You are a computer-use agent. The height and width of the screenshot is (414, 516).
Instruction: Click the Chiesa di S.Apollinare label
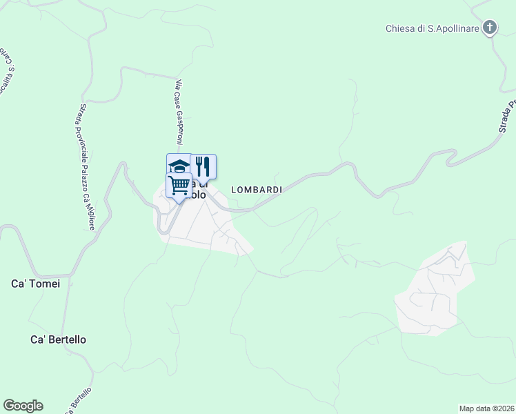click(x=432, y=28)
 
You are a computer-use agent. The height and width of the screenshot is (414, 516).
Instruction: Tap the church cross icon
click(x=490, y=28)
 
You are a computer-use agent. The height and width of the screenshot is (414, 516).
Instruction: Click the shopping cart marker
click(x=179, y=185)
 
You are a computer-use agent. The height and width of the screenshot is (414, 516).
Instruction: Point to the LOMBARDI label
click(x=257, y=190)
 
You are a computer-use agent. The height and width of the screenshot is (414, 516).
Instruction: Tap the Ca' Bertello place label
click(x=63, y=340)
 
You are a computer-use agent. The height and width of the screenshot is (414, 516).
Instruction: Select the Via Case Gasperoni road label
click(x=179, y=112)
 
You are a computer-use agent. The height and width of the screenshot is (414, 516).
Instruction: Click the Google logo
click(x=23, y=406)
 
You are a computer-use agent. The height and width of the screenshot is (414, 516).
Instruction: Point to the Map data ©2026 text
click(x=486, y=408)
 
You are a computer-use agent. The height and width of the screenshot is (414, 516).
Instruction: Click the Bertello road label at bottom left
click(x=79, y=401)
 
